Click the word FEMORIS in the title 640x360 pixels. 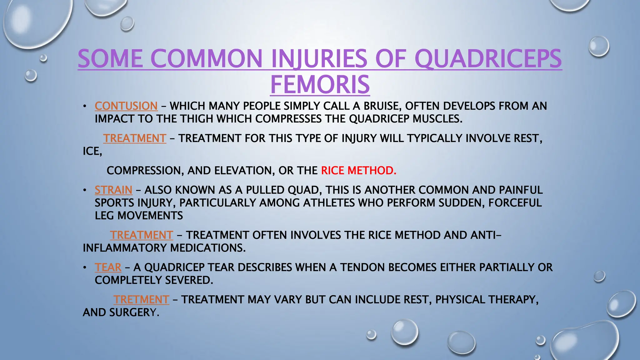[x=320, y=84]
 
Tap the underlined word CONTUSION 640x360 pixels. [x=126, y=106]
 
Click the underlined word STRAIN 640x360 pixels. [x=113, y=190]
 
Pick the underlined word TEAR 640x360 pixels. [x=108, y=267]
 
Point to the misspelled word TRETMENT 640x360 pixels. [x=141, y=300]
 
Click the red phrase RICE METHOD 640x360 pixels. [x=358, y=171]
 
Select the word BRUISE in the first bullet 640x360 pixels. [x=381, y=106]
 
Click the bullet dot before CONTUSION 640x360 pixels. [x=84, y=107]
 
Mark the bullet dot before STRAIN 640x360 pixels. [x=84, y=190]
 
